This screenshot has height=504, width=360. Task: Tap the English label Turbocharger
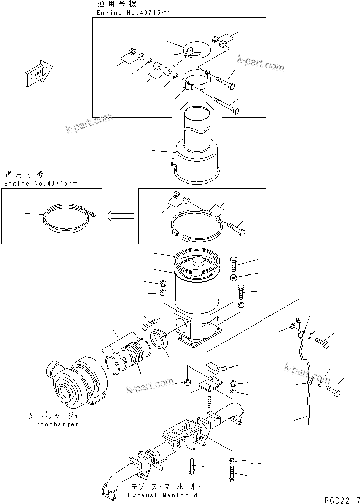(54, 424)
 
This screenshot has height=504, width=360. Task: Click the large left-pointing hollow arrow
(120, 216)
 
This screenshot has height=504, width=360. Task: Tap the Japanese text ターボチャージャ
(54, 415)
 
